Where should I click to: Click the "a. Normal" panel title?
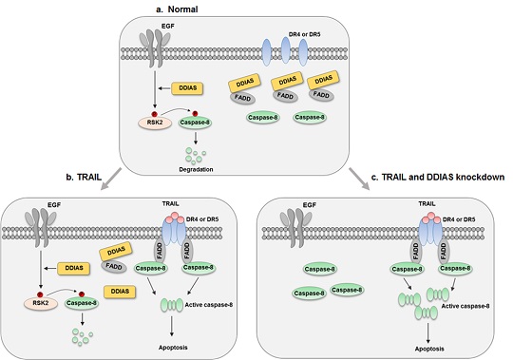point(177,9)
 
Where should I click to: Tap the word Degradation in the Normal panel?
point(196,169)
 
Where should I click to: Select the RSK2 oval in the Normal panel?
point(155,123)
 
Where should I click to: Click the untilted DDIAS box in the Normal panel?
point(187,88)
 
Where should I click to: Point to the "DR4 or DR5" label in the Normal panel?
point(304,33)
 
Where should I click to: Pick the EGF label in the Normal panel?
point(168,27)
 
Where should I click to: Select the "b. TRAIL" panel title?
point(84,177)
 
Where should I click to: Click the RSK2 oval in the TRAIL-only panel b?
point(41,303)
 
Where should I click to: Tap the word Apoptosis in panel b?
point(173,348)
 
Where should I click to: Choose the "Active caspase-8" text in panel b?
point(209,305)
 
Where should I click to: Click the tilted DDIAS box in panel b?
point(116,251)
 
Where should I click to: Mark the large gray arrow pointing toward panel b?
point(111,180)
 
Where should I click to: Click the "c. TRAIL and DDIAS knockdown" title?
point(438,177)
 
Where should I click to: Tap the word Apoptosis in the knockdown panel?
point(429,349)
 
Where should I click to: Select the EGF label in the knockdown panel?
point(310,205)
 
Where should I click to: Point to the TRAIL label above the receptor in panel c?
point(427,203)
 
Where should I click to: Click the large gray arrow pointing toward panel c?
point(359,180)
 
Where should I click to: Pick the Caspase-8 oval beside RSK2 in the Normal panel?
point(195,123)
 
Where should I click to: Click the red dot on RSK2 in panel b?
point(40,294)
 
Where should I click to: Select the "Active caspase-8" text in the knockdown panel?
point(465,307)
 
